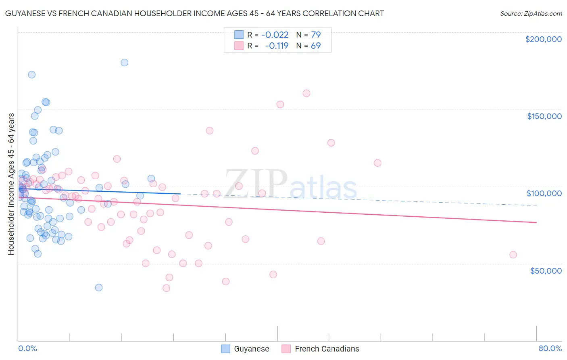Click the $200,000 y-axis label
pyautogui.click(x=543, y=39)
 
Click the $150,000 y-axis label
pyautogui.click(x=544, y=116)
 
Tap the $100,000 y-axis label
pyautogui.click(x=544, y=193)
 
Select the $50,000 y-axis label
pyautogui.click(x=546, y=270)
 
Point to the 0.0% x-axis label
pyautogui.click(x=27, y=348)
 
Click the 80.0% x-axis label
pyautogui.click(x=550, y=348)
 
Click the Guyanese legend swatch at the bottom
pyautogui.click(x=225, y=349)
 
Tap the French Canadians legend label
pyautogui.click(x=327, y=349)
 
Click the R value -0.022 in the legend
pyautogui.click(x=275, y=35)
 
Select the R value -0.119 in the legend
pyautogui.click(x=277, y=46)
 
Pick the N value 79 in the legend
pyautogui.click(x=316, y=35)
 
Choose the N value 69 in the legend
pyautogui.click(x=316, y=46)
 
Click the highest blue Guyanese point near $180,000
pyautogui.click(x=124, y=63)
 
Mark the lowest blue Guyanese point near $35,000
pyautogui.click(x=99, y=288)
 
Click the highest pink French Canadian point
pyautogui.click(x=306, y=93)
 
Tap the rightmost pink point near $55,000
pyautogui.click(x=513, y=255)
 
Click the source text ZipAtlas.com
pyautogui.click(x=531, y=14)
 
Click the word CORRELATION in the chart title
pyautogui.click(x=329, y=13)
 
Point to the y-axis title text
pyautogui.click(x=11, y=184)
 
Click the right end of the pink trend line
pyautogui.click(x=536, y=222)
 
